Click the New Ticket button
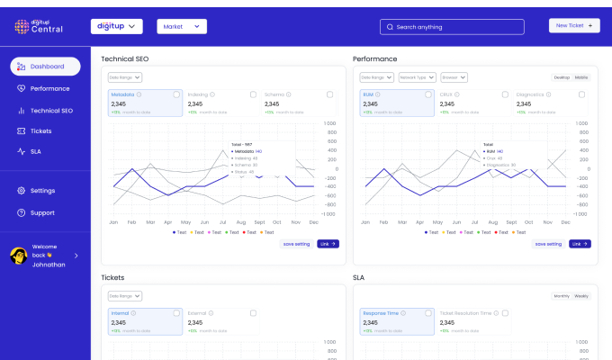point(573,26)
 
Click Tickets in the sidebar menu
point(40,130)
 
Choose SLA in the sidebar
point(36,151)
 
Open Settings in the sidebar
point(41,191)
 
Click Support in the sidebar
point(41,212)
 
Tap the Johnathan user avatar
point(17,256)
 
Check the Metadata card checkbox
point(176,94)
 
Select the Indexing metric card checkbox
point(253,94)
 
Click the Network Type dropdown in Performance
point(418,77)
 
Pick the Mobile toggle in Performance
point(581,77)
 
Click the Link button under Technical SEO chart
point(328,244)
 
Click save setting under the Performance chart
point(548,244)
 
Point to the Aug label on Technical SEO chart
point(240,221)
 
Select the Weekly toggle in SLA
point(581,296)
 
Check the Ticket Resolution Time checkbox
point(506,313)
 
